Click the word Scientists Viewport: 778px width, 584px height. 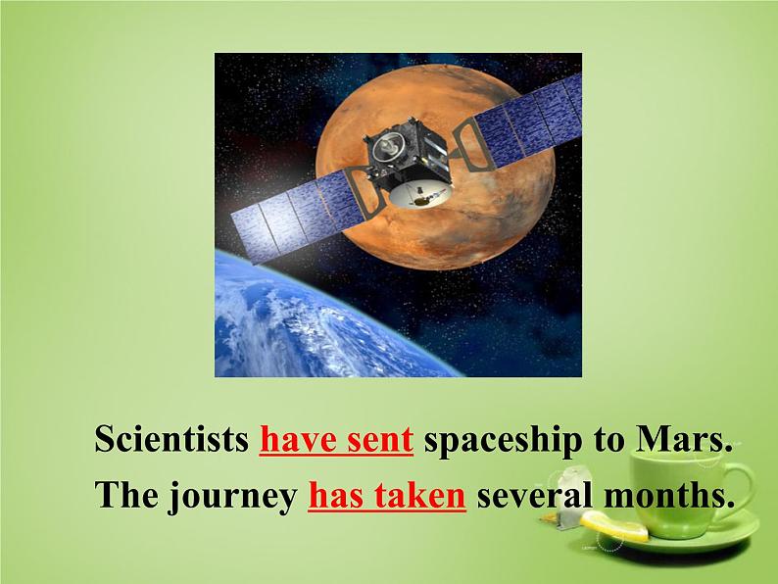[x=171, y=440]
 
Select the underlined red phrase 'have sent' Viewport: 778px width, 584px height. [x=336, y=440]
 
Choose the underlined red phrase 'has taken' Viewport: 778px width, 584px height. [x=386, y=497]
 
